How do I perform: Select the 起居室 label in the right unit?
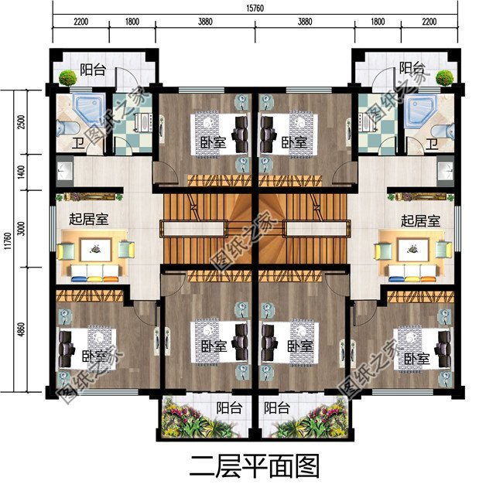click(420, 220)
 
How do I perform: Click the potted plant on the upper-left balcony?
click(67, 77)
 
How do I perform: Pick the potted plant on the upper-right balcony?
click(444, 77)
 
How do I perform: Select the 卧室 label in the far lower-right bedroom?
click(416, 359)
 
